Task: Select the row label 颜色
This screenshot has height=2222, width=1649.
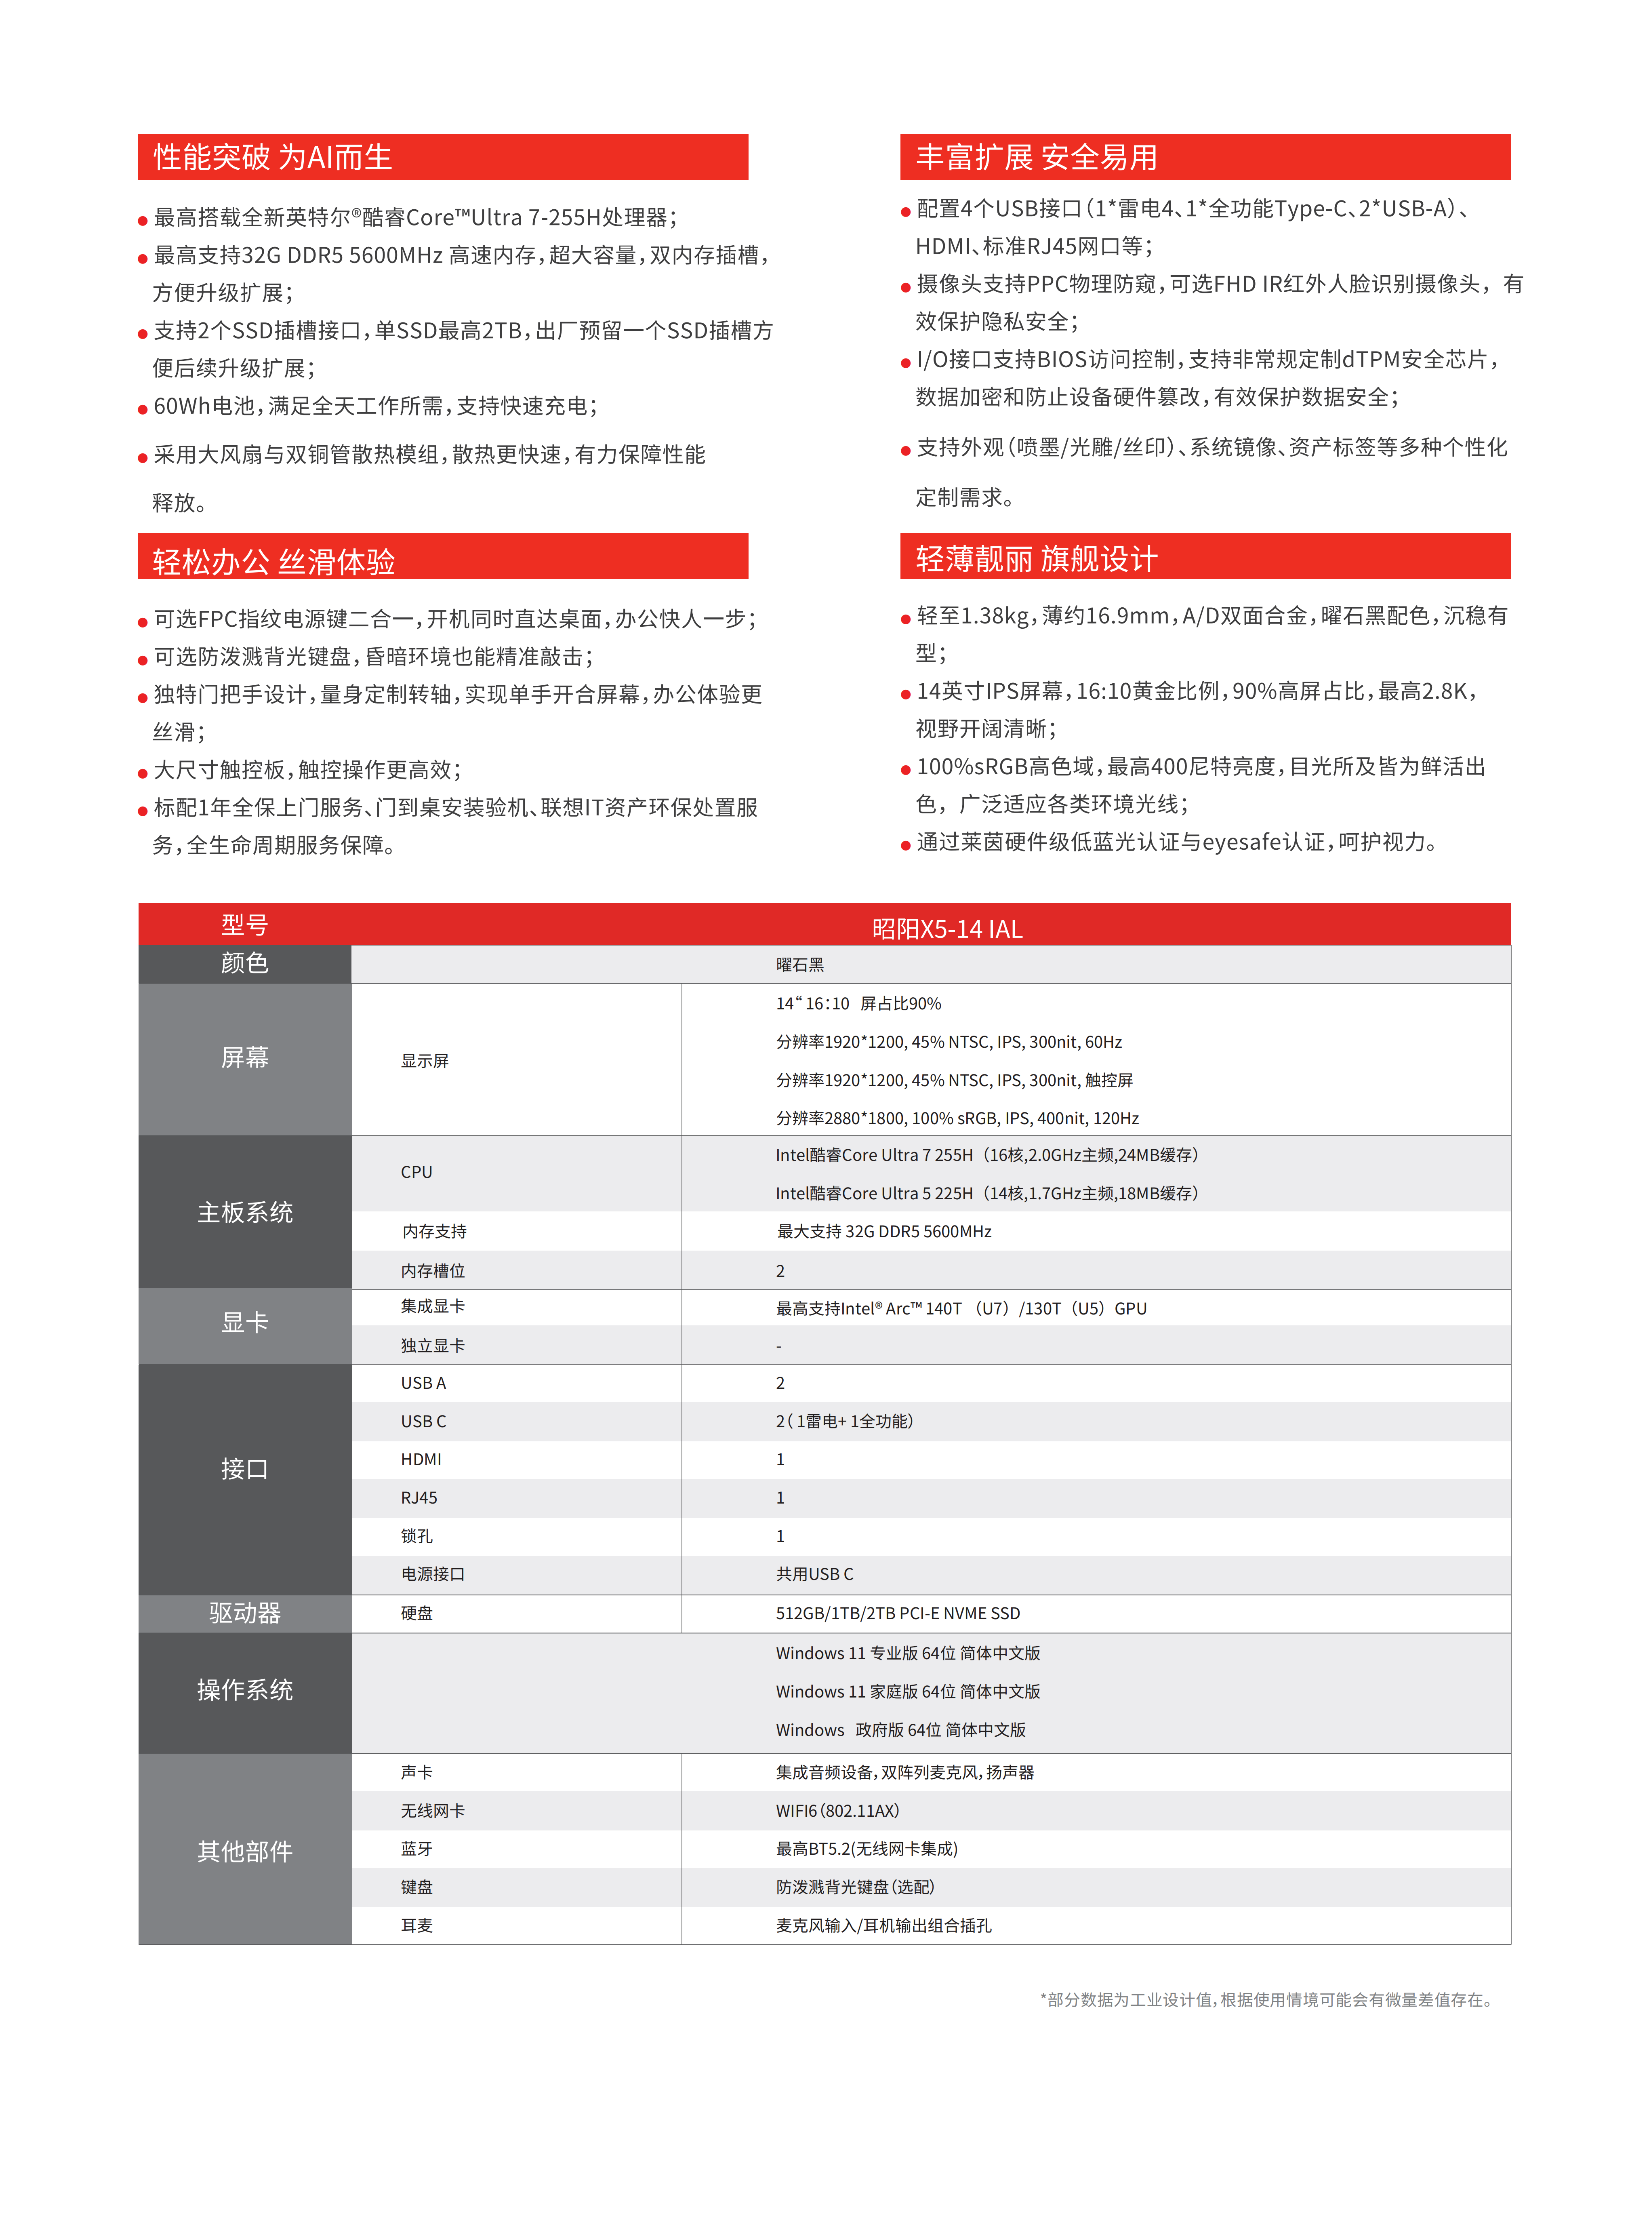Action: pos(244,963)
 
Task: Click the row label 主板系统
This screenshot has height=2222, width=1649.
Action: pos(244,1212)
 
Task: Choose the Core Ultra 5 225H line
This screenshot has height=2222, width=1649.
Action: pos(986,1193)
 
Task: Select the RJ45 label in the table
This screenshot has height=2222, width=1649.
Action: pos(419,1497)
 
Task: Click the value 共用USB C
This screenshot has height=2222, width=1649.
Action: pos(814,1574)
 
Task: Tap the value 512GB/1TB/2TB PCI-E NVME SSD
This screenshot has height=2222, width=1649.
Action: pos(897,1613)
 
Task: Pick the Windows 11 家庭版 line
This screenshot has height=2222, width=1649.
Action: pos(907,1691)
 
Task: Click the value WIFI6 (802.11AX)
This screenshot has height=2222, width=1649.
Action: pos(837,1811)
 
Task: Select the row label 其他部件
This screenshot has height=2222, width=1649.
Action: pos(244,1851)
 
